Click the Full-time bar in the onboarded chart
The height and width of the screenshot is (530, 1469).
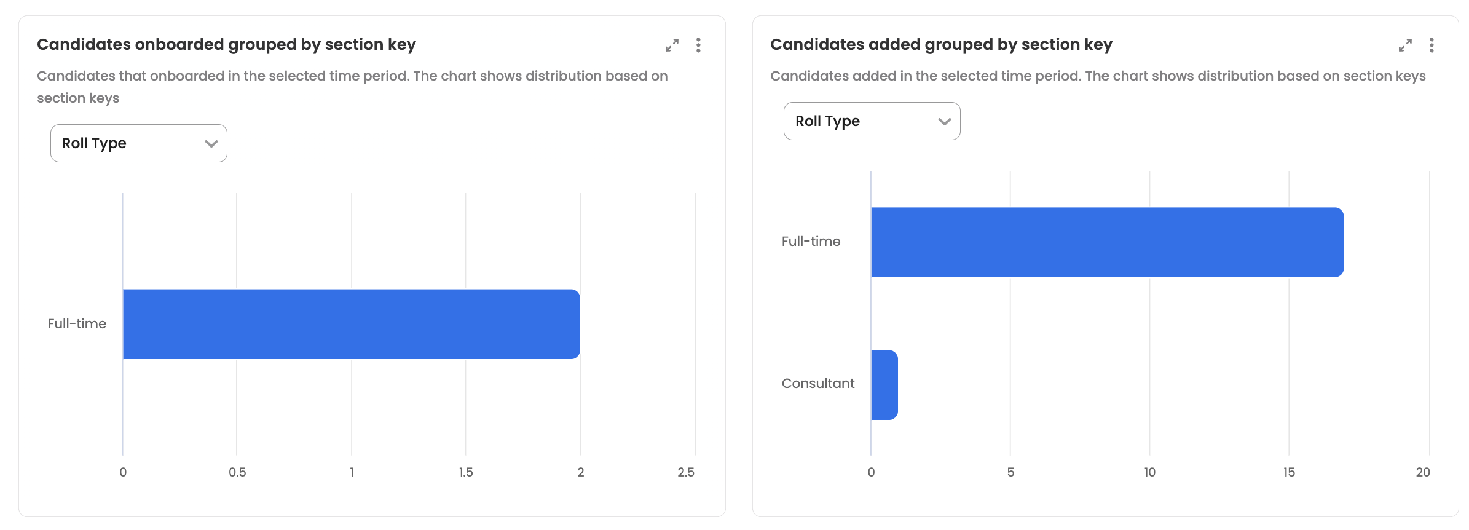coord(351,324)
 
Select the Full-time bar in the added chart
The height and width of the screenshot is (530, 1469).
coord(1106,242)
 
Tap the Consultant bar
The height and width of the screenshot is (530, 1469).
coord(884,385)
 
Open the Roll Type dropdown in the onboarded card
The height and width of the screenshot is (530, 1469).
coord(139,143)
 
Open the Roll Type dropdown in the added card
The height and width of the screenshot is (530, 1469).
coord(872,121)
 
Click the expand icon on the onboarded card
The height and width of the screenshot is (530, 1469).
coord(672,45)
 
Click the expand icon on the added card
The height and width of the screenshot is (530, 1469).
coord(1405,45)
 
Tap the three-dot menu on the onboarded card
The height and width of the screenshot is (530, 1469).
coord(698,45)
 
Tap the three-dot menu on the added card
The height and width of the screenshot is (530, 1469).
coord(1432,45)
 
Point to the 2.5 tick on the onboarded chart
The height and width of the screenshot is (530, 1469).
coord(686,472)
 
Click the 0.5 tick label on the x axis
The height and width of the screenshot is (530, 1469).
coord(237,472)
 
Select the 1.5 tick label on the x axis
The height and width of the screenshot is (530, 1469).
coord(466,472)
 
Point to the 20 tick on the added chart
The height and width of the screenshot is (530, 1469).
coord(1423,472)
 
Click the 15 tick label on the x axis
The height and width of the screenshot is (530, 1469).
coord(1289,472)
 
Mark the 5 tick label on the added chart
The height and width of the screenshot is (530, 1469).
coord(1010,472)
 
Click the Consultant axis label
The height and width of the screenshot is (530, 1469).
coord(818,384)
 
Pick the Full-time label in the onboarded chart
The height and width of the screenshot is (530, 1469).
coord(77,324)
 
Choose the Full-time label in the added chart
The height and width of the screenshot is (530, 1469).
coord(811,242)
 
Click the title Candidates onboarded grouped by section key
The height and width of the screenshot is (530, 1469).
coord(226,45)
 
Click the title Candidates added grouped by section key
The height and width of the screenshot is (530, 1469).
coord(941,45)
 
